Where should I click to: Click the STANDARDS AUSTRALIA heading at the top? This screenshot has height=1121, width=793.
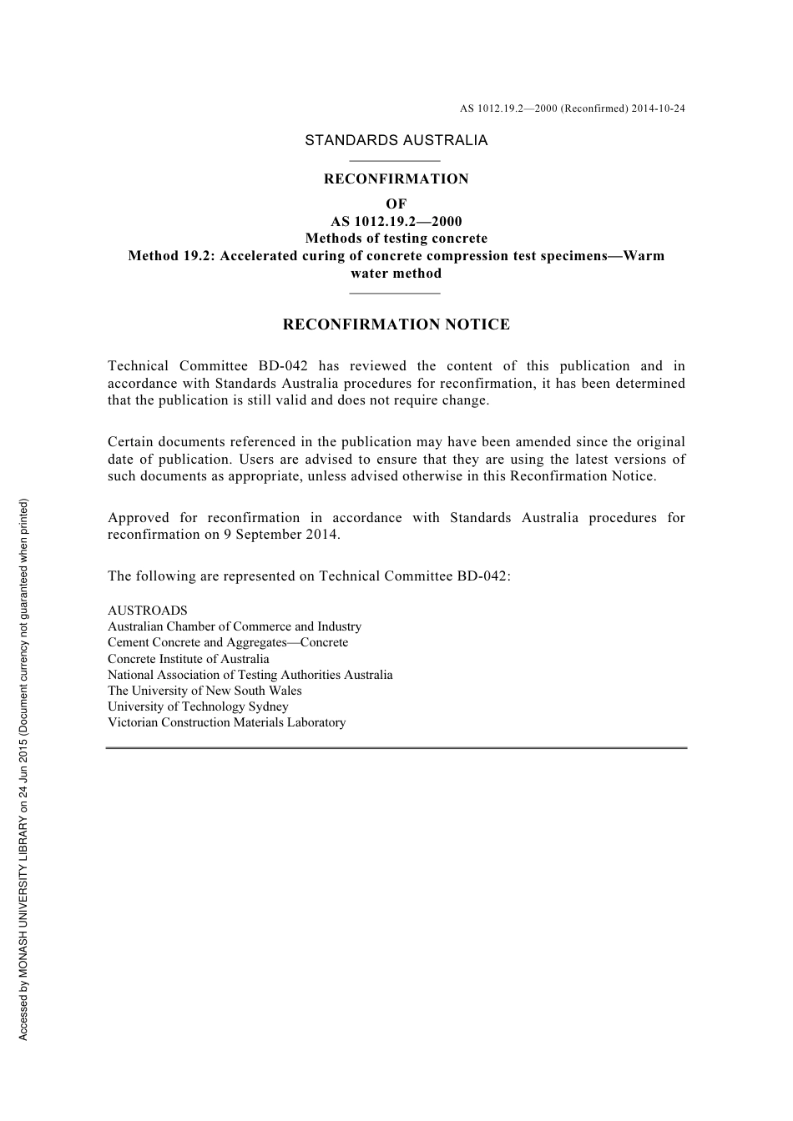click(396, 140)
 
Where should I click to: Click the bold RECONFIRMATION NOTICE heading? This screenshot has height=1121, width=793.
click(396, 324)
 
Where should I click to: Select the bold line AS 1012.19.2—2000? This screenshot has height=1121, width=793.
click(396, 221)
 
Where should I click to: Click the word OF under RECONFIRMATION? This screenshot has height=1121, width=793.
click(396, 204)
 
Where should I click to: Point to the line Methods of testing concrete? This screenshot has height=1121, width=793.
click(396, 239)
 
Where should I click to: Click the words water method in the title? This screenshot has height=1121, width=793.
click(396, 273)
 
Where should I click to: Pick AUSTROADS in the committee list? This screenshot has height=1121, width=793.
click(148, 611)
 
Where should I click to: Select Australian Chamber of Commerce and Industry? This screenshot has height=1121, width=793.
click(235, 626)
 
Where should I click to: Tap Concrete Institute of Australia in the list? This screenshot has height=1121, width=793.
click(189, 659)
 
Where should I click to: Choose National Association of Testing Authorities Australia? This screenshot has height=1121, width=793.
click(250, 675)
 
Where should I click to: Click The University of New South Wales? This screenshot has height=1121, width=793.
click(205, 691)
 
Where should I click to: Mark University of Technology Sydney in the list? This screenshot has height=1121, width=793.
click(198, 706)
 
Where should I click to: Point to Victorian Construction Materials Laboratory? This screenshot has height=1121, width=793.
click(226, 722)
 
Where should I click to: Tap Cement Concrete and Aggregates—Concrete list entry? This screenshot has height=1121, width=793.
click(228, 642)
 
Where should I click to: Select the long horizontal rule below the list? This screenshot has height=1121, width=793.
click(396, 748)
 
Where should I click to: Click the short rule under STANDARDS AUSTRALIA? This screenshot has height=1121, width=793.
click(394, 160)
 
